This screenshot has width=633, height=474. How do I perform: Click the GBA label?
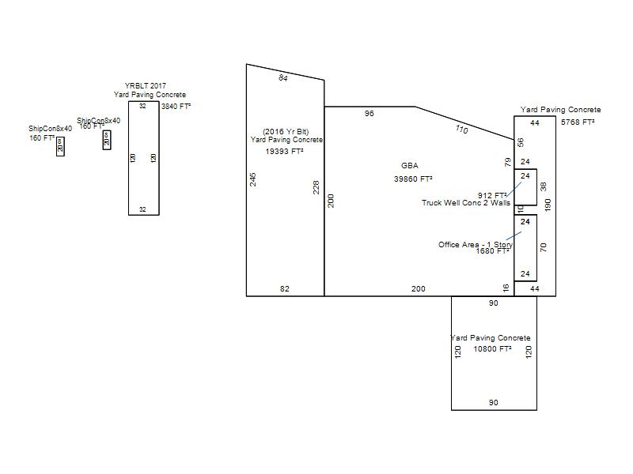[410, 166]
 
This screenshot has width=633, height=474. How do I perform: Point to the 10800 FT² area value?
[492, 348]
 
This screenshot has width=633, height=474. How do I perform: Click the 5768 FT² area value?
[578, 122]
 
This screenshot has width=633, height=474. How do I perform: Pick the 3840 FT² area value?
[176, 106]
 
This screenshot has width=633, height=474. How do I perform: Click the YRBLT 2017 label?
[146, 85]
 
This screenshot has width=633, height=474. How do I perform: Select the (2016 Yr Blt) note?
[286, 131]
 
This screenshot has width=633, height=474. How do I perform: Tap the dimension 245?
[253, 179]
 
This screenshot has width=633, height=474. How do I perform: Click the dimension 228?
[316, 187]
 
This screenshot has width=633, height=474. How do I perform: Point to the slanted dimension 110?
[461, 128]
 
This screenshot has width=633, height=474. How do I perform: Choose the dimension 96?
[369, 114]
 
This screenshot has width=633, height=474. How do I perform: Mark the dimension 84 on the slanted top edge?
[283, 77]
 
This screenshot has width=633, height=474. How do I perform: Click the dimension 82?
[285, 289]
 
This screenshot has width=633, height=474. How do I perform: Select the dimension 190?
[548, 205]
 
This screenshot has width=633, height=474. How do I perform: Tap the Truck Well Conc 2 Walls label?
[466, 203]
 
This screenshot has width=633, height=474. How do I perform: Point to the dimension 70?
[544, 247]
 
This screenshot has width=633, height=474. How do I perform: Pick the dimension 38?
[544, 187]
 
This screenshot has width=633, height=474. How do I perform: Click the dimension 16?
[506, 288]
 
